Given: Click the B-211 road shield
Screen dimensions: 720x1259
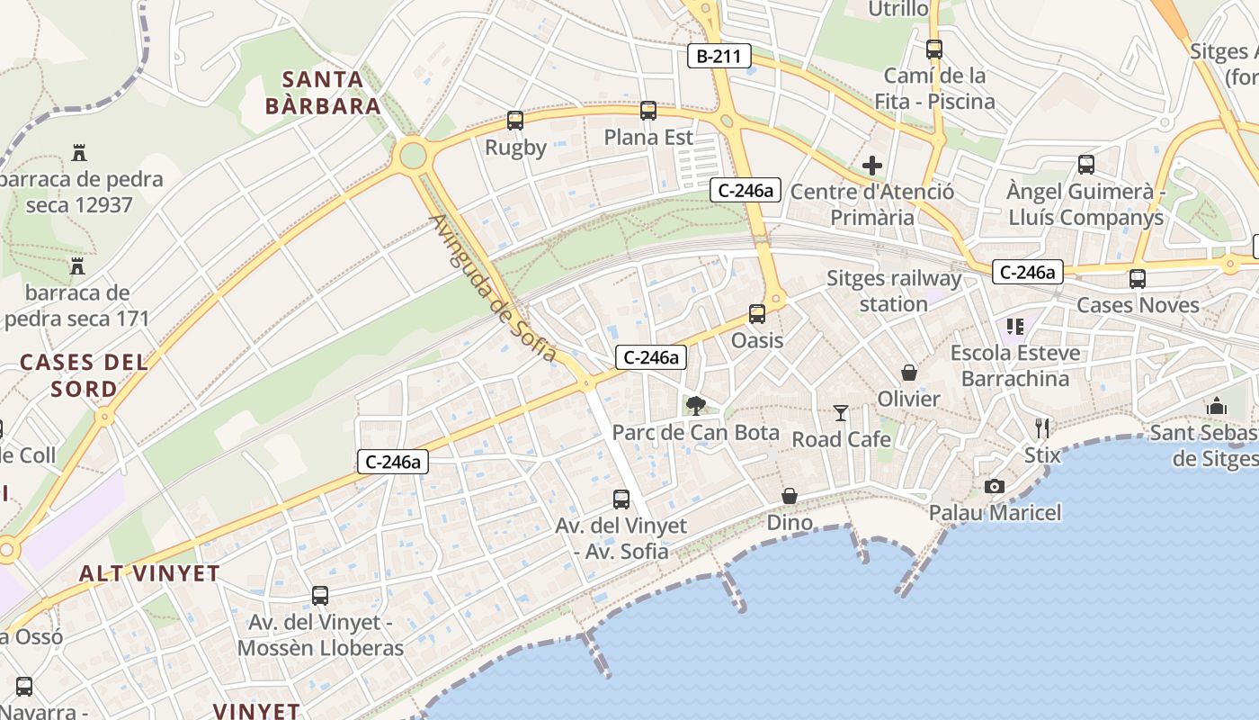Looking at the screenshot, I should click(x=719, y=56).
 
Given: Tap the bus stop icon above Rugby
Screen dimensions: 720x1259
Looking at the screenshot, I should click(x=515, y=121).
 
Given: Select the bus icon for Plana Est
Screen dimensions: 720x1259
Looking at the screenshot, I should click(x=648, y=111).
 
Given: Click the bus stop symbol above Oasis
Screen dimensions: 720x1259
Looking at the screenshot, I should click(x=757, y=314).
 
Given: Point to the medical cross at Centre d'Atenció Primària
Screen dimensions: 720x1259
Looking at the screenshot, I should click(x=871, y=166).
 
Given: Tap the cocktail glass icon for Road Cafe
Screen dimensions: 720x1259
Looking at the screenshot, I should click(x=841, y=413).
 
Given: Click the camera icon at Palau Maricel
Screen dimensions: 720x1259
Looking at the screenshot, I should click(x=994, y=486).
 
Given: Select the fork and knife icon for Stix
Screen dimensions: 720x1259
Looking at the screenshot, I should click(x=1042, y=427).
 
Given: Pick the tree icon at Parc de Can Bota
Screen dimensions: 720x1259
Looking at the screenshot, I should click(x=695, y=406).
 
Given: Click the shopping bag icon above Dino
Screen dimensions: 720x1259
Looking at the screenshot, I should click(x=790, y=496).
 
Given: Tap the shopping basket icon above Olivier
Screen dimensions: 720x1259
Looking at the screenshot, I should click(x=909, y=373).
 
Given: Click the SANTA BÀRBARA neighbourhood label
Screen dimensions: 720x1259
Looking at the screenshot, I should click(x=323, y=93).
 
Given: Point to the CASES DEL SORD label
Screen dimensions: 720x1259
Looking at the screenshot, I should click(x=84, y=375).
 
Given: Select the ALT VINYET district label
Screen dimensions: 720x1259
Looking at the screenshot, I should click(x=149, y=573).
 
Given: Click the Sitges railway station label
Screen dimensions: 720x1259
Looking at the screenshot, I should click(x=894, y=291).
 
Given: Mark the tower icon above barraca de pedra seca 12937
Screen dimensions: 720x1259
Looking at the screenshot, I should click(x=79, y=152).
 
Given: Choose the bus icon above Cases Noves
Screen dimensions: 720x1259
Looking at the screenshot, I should click(x=1138, y=279).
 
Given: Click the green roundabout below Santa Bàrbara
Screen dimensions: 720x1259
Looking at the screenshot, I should click(x=413, y=155).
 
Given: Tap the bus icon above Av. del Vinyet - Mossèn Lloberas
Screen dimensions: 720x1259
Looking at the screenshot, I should click(x=320, y=596).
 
